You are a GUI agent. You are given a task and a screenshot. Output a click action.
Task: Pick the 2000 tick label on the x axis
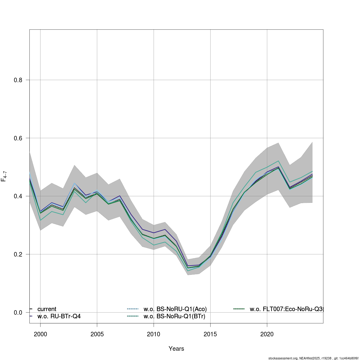(x=40, y=334)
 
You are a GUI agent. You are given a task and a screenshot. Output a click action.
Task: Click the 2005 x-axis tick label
(x=97, y=334)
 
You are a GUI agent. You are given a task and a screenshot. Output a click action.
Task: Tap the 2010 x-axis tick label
(x=154, y=334)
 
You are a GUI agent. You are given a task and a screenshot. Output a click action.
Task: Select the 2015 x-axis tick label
(x=210, y=334)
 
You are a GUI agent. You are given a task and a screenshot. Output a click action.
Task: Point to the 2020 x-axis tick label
(x=267, y=334)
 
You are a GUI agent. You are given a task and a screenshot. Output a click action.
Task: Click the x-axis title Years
(x=176, y=349)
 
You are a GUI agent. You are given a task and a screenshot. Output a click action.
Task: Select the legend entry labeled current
(x=47, y=309)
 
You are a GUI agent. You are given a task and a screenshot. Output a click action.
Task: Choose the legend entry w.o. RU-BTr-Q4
(x=59, y=316)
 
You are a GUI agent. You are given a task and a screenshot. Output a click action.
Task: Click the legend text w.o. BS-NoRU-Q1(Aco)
(x=175, y=309)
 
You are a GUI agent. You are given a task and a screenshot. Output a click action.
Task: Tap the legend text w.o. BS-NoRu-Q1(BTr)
(x=174, y=316)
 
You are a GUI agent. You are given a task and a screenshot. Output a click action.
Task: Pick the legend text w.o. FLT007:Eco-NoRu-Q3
(x=286, y=309)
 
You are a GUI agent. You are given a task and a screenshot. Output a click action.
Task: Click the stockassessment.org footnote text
(x=313, y=358)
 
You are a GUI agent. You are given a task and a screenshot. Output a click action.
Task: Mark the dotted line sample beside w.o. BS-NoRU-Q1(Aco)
(x=133, y=309)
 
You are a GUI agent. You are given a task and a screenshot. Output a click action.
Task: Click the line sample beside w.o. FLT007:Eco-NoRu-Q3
(x=239, y=309)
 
